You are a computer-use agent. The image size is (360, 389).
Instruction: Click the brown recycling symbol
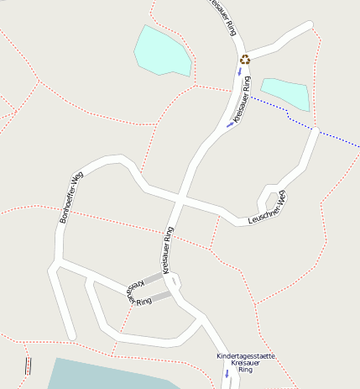245,59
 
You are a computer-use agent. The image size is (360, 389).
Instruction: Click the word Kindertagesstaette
246,356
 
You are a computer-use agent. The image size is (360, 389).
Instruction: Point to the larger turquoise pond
163,51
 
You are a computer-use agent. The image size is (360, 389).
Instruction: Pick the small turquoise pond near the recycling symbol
286,93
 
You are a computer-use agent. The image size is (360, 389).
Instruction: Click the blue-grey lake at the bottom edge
109,375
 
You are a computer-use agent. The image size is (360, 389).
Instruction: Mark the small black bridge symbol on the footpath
29,366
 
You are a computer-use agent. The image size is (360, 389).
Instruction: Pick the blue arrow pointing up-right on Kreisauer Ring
230,124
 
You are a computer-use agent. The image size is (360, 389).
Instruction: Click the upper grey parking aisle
153,278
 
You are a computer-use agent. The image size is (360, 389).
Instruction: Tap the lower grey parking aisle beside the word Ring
160,296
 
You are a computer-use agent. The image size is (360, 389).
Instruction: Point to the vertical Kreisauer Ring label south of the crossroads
168,250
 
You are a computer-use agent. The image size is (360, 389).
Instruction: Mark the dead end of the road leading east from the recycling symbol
315,25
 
